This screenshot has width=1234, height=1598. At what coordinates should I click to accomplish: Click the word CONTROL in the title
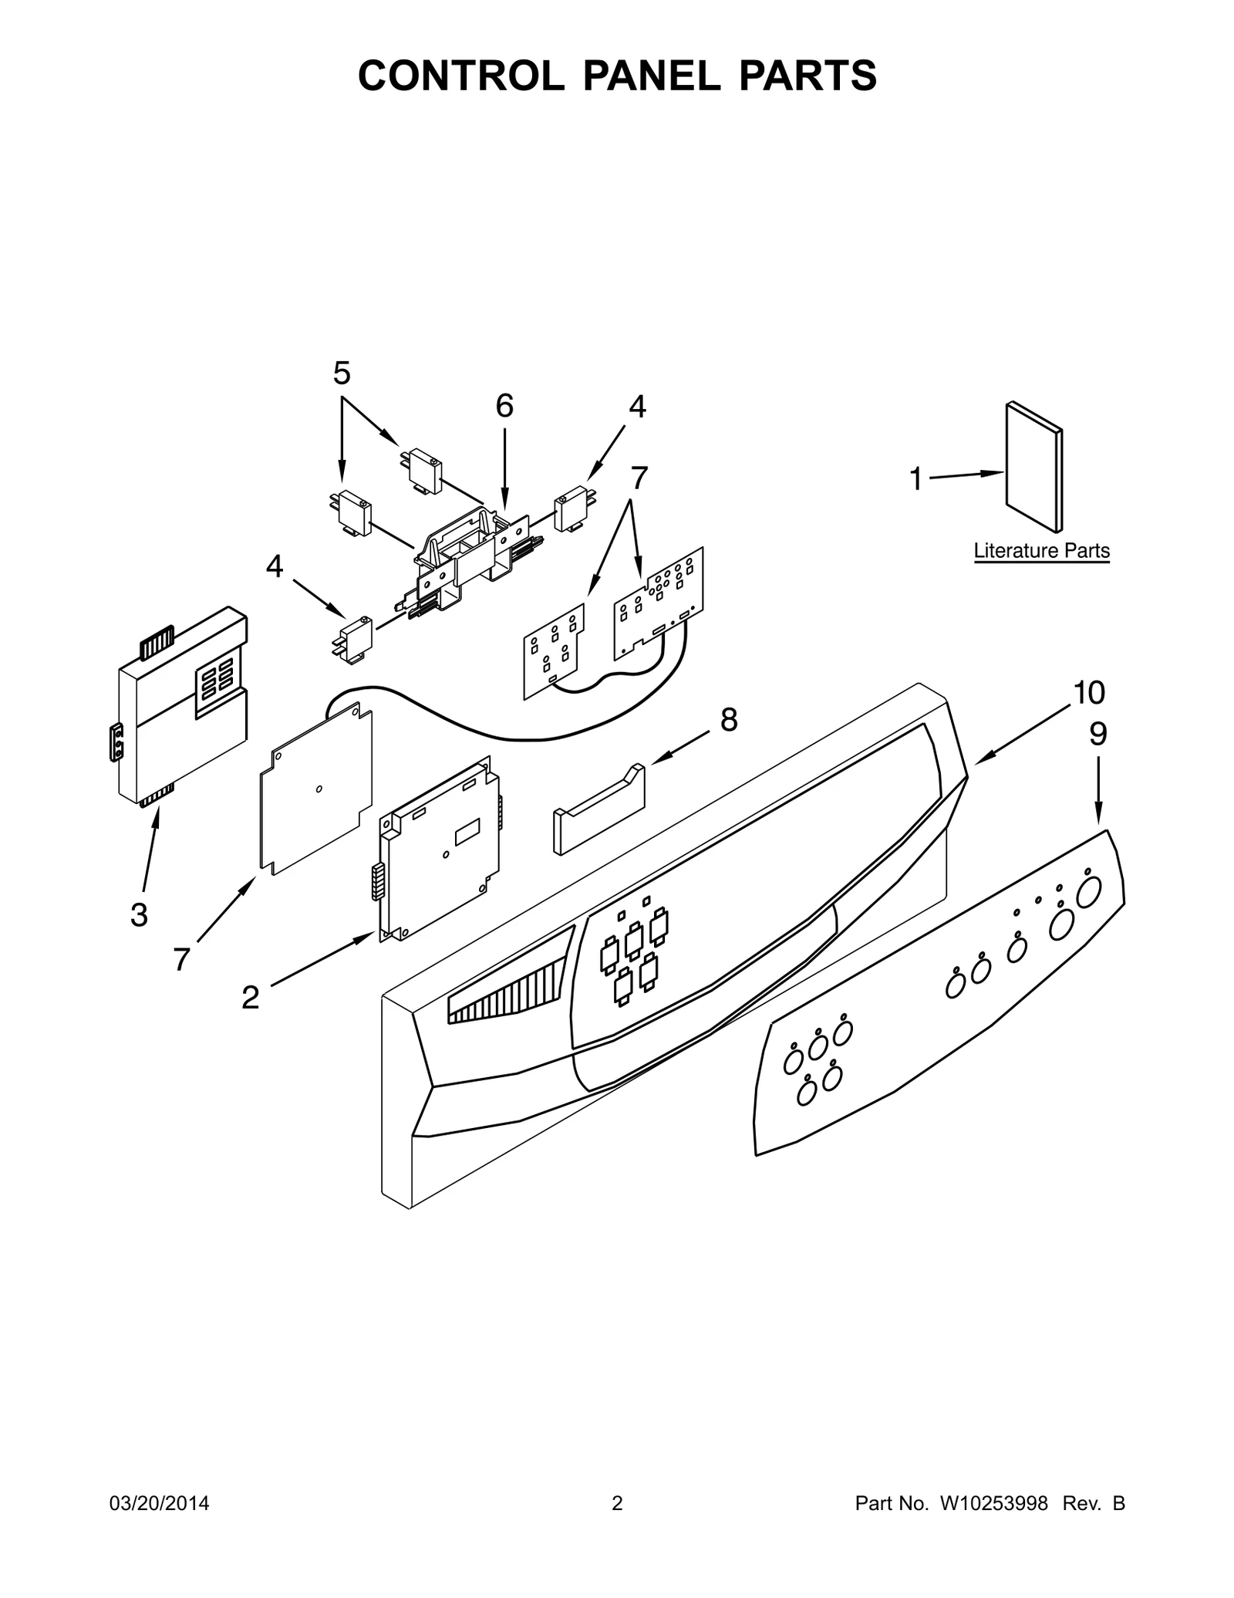point(460,76)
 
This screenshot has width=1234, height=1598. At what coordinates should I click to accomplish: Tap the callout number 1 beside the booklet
point(915,479)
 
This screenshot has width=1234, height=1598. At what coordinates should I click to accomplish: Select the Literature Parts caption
point(1041,551)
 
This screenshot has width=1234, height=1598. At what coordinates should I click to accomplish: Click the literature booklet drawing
point(1033,467)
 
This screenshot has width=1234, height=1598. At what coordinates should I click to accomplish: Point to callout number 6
point(504,406)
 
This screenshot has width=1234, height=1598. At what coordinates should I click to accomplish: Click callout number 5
point(342,373)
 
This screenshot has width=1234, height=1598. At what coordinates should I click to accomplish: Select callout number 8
point(729,720)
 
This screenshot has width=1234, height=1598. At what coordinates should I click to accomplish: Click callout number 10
point(1089,693)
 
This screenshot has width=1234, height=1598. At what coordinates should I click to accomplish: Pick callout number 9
point(1097,735)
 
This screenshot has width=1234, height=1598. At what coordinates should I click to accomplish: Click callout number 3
point(139,915)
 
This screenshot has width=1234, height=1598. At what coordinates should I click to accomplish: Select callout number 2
point(250,998)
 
